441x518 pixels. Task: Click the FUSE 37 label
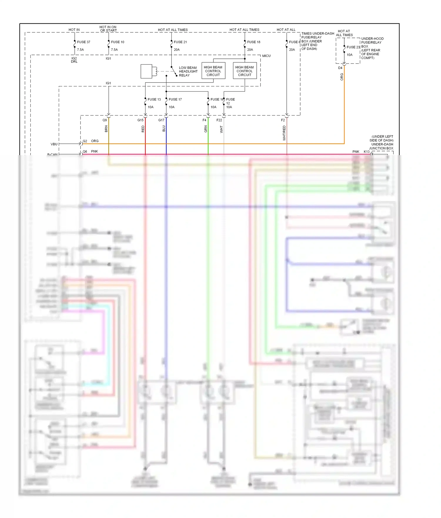pos(83,42)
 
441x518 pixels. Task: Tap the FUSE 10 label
pos(118,42)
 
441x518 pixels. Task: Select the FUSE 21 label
pos(180,42)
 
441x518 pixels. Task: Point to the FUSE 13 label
pos(154,99)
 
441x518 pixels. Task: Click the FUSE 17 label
pos(175,99)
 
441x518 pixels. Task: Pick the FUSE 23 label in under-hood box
pos(353,47)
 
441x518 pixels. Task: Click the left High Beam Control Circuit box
pos(213,71)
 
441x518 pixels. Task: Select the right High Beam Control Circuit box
pos(245,71)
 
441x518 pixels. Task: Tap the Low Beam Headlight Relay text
pos(188,71)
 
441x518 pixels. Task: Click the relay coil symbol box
pos(146,71)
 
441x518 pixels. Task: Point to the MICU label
pos(266,56)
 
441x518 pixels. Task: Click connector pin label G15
pos(141,120)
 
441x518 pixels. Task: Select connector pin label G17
pos(161,120)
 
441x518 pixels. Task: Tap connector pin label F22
pos(219,120)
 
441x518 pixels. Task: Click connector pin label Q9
pos(105,120)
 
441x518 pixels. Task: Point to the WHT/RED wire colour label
pos(284,133)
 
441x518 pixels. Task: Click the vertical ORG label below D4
pos(342,77)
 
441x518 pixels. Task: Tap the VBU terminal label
pos(54,144)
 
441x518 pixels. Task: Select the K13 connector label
pos(367,152)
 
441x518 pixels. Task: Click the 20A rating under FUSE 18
pos(250,50)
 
